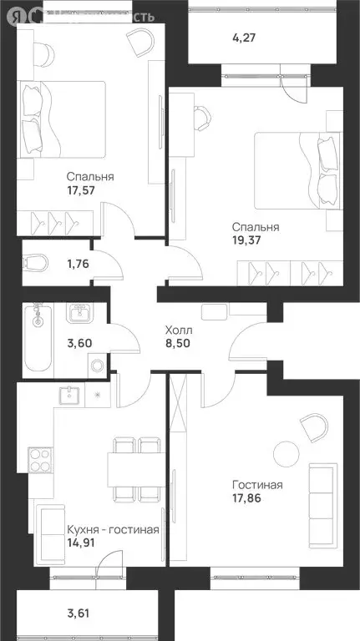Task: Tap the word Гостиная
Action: [x=258, y=485]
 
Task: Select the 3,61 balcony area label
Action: [x=79, y=615]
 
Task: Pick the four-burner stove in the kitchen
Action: [x=41, y=459]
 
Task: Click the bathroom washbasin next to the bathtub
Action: [x=80, y=314]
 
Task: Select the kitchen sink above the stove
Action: [x=68, y=396]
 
